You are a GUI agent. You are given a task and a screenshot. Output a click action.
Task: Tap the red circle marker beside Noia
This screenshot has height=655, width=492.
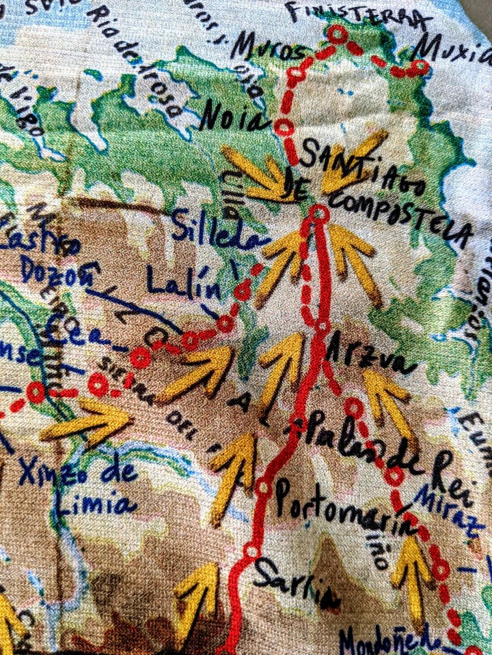pos(284,128)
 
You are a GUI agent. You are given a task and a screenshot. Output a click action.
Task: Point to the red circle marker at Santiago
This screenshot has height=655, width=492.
pos(318,214)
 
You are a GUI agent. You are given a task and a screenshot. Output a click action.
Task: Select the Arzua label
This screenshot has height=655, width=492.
pos(370,356)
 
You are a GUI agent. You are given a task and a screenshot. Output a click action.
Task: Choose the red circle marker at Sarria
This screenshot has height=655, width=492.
pos(251,551)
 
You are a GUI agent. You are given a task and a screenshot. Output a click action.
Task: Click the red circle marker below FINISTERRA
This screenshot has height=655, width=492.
pos(338,34)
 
